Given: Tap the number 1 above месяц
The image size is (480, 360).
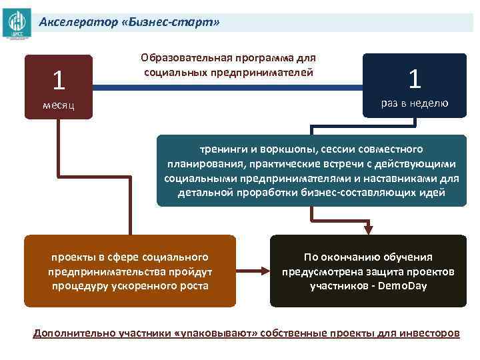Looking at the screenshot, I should pos(59,81).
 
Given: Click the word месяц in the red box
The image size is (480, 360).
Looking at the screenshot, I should pos(59,105).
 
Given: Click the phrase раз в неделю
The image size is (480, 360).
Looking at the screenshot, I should pos(415,103).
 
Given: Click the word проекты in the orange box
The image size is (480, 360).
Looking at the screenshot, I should pos(73,257).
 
